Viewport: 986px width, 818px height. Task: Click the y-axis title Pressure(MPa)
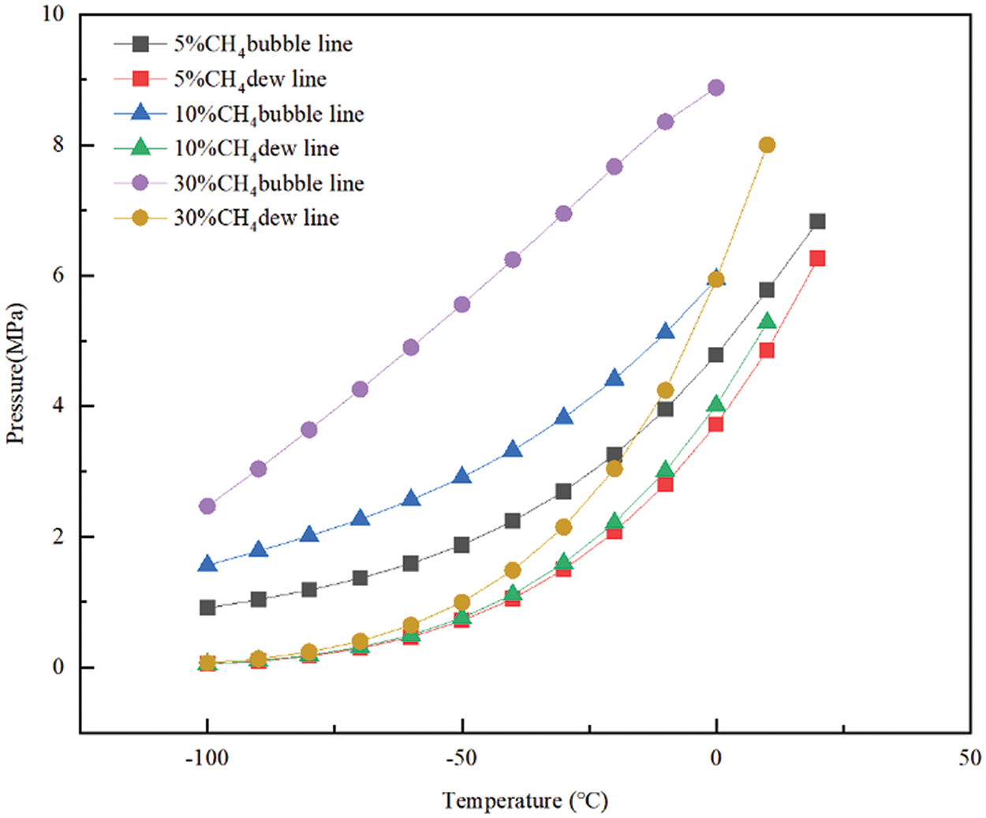pyautogui.click(x=16, y=373)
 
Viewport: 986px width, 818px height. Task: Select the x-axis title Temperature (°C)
pyautogui.click(x=525, y=801)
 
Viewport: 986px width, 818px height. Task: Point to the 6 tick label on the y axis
pyautogui.click(x=58, y=276)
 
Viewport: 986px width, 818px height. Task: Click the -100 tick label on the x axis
pyautogui.click(x=207, y=758)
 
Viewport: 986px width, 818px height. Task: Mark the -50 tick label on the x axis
pyautogui.click(x=461, y=758)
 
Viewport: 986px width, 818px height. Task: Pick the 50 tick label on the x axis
pyautogui.click(x=970, y=758)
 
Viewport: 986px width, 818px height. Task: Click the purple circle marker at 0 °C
pyautogui.click(x=715, y=88)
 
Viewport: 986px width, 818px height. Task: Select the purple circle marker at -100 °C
pyautogui.click(x=207, y=506)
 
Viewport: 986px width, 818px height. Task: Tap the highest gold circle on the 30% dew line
pyautogui.click(x=767, y=145)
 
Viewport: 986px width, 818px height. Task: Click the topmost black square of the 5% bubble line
pyautogui.click(x=817, y=222)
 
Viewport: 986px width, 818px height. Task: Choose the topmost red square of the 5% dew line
pyautogui.click(x=817, y=258)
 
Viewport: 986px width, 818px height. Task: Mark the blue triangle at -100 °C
pyautogui.click(x=207, y=564)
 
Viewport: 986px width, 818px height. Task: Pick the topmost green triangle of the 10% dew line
pyautogui.click(x=767, y=321)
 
